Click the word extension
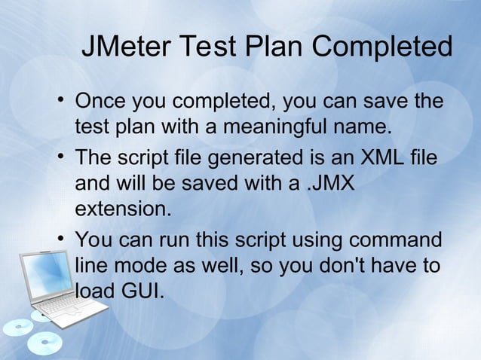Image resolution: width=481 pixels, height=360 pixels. (121, 207)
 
